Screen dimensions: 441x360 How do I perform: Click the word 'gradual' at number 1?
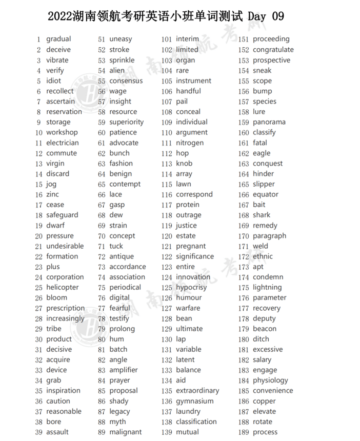(x=58, y=39)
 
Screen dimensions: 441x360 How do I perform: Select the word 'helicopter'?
(x=63, y=287)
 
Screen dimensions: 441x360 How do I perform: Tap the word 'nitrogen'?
(x=190, y=143)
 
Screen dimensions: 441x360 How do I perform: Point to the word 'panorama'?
(x=269, y=122)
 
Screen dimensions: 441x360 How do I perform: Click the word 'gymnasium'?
(x=195, y=401)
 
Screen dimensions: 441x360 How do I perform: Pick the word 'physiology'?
(x=270, y=380)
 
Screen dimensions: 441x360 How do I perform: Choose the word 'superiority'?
(x=127, y=122)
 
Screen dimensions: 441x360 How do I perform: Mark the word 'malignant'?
(x=126, y=432)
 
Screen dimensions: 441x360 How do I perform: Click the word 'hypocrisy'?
(x=191, y=287)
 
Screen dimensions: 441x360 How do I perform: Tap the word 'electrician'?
(x=63, y=143)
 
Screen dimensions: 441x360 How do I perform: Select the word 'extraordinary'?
(x=197, y=391)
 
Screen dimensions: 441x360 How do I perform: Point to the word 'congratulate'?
(x=273, y=50)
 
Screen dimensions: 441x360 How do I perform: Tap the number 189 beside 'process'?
(x=244, y=432)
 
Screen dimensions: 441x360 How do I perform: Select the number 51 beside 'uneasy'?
(x=102, y=39)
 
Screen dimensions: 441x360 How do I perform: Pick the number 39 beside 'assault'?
(x=38, y=432)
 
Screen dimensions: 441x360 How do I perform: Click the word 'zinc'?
(x=52, y=194)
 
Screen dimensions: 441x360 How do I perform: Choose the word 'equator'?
(x=266, y=194)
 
